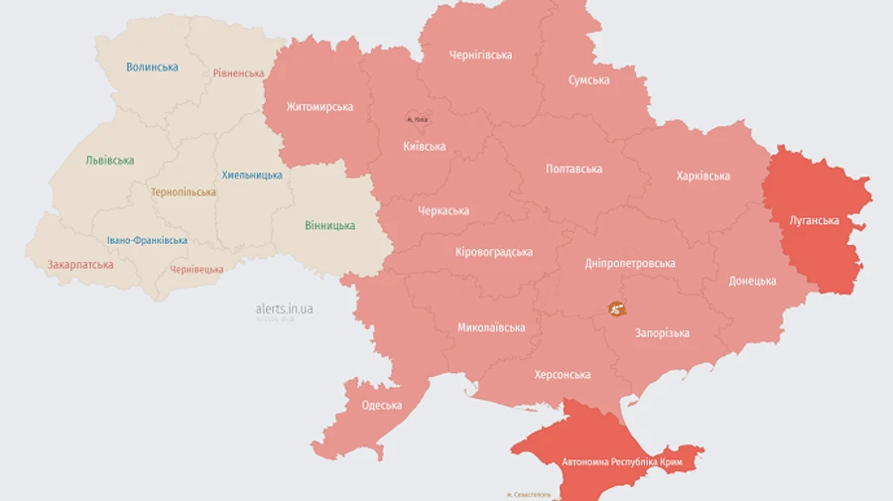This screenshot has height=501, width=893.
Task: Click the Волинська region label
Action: point(153,67)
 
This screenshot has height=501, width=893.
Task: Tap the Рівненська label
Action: point(238,73)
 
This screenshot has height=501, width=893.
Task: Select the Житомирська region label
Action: point(319,107)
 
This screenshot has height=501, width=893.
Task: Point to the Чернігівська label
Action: point(480,55)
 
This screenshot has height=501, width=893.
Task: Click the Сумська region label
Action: point(589,80)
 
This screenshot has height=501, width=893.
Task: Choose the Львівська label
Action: point(109,161)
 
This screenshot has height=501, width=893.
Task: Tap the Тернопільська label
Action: point(184,192)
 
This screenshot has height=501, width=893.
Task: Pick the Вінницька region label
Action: point(329,226)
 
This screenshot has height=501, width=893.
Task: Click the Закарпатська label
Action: point(80,265)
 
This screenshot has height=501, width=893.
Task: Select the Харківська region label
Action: point(703,177)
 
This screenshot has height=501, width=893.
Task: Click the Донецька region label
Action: point(752,282)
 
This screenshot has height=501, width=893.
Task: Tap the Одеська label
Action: point(382,406)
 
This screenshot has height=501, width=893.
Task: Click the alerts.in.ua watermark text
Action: point(284,310)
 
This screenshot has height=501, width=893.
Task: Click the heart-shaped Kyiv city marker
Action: point(418,117)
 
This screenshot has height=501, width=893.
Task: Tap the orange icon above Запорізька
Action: point(616,310)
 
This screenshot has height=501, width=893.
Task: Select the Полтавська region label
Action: point(574,170)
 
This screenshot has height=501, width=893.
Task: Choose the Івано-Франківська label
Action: point(147,241)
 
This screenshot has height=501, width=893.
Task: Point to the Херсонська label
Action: point(563,375)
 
